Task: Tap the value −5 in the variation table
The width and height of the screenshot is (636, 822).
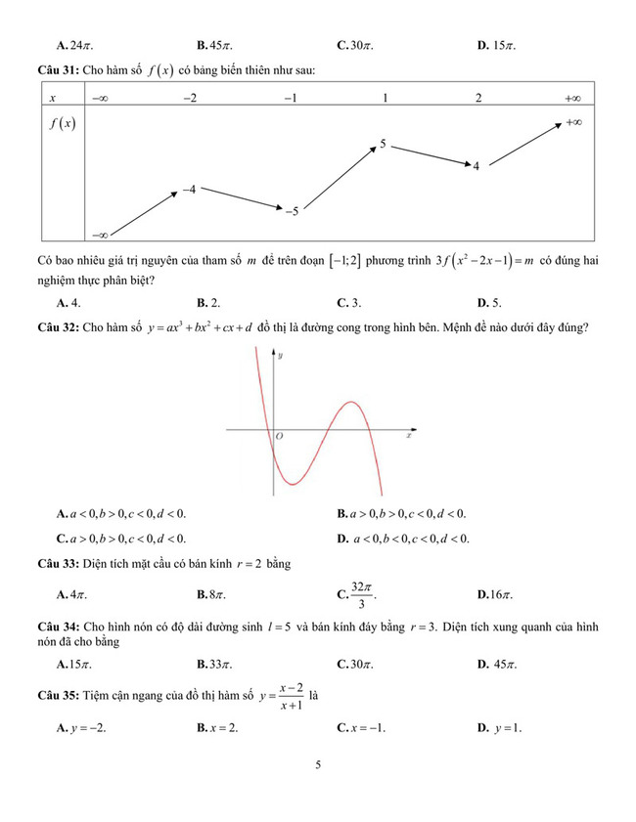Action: click(x=291, y=210)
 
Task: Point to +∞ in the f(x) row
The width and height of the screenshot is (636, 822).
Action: click(x=574, y=123)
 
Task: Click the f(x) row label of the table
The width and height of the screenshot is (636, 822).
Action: click(x=63, y=125)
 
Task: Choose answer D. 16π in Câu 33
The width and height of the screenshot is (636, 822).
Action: click(x=495, y=593)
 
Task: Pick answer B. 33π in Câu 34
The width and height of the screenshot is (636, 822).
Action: click(x=214, y=664)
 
